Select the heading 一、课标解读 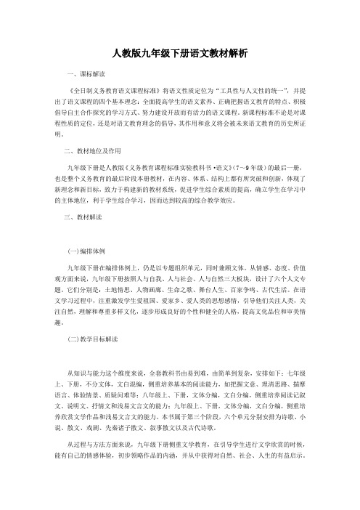tap(85, 75)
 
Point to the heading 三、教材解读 tap(85, 216)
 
